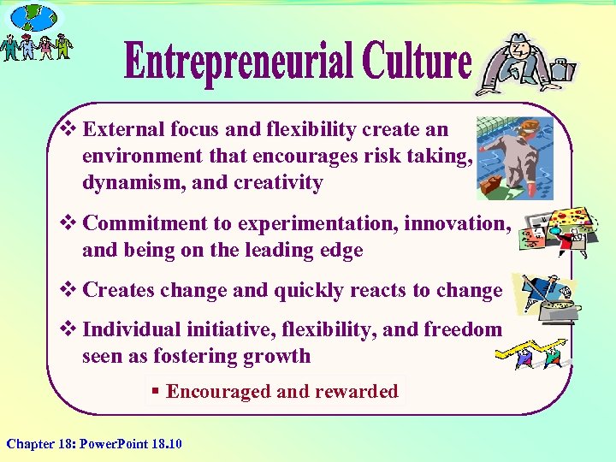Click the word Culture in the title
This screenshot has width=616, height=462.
(x=416, y=62)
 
